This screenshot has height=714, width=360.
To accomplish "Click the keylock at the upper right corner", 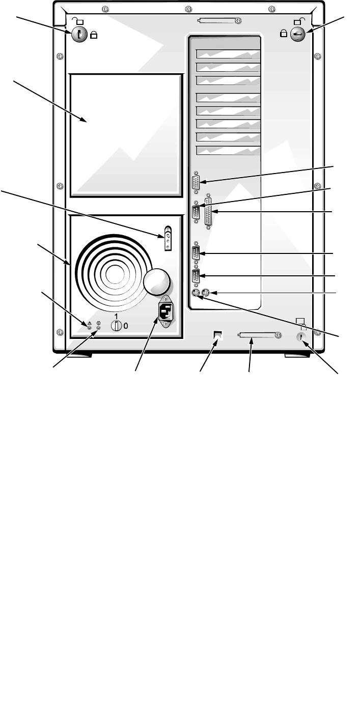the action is (297, 34).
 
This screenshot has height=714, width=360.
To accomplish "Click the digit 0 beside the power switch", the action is (126, 326).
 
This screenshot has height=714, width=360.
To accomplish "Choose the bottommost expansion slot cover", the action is (228, 150).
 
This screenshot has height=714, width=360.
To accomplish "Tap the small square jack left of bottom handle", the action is (217, 336).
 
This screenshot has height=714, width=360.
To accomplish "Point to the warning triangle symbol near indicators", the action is (90, 323).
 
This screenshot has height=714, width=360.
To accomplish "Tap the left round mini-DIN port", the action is (195, 293).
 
